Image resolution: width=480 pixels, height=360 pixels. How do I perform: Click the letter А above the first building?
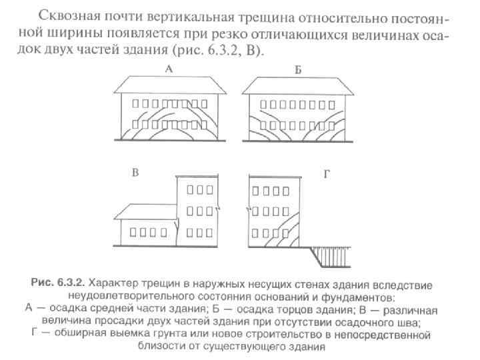coord(169,69)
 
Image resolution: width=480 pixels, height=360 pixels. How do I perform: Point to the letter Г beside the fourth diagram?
coord(327,174)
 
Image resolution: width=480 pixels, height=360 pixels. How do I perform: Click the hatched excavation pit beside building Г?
coord(334,256)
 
